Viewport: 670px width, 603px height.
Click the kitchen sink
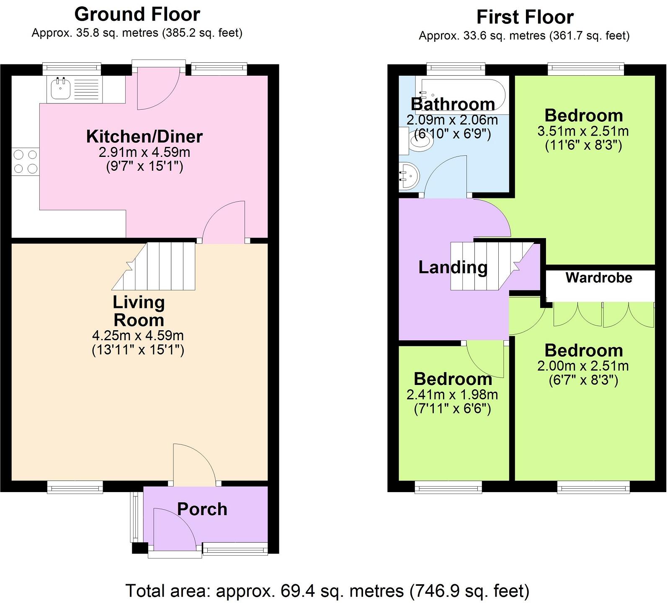[x=61, y=89]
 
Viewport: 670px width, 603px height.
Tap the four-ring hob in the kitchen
[x=25, y=162]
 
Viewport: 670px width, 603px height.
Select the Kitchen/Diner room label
[x=144, y=136]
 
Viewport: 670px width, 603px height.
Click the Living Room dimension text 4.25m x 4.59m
[x=138, y=336]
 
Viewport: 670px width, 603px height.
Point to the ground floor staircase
[x=159, y=267]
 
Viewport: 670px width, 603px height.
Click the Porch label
[x=202, y=509]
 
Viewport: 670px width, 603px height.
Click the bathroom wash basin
[x=408, y=176]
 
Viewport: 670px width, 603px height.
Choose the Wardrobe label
[x=599, y=278]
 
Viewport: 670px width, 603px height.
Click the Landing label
[x=453, y=267]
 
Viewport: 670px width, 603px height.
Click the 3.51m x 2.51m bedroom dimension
[x=583, y=131]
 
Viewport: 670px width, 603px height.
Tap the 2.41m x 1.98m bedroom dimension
[x=452, y=395]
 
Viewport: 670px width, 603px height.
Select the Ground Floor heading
[x=137, y=15]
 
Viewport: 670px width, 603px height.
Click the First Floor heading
[x=525, y=18]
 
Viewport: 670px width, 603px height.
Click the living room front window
[x=75, y=486]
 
